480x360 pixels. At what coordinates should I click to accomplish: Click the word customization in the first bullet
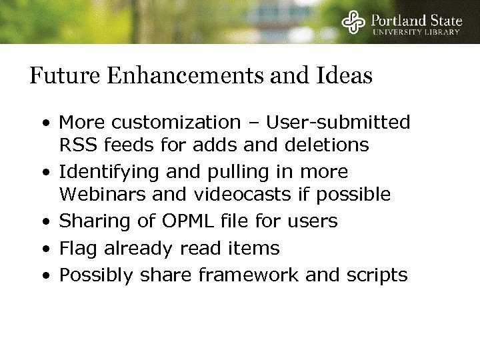pyautogui.click(x=170, y=123)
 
